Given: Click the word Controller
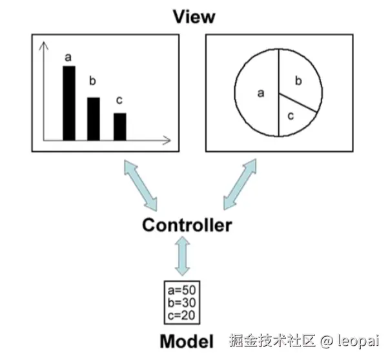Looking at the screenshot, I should click(187, 226).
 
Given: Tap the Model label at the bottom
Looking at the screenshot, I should click(187, 341).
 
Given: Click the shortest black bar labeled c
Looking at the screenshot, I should click(119, 126).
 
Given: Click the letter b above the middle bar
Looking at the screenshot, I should click(92, 81).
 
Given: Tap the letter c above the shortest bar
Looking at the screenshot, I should click(118, 100).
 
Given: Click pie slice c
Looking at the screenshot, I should click(292, 117).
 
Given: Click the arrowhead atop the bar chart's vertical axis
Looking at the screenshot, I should click(43, 46).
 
